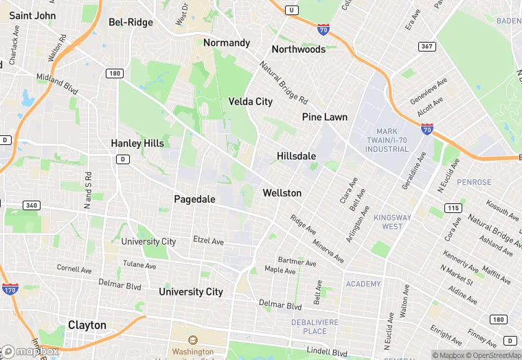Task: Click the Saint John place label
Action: pyautogui.click(x=33, y=15)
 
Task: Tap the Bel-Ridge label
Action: pyautogui.click(x=130, y=22)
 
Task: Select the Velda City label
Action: pyautogui.click(x=250, y=102)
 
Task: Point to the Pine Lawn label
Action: pyautogui.click(x=325, y=117)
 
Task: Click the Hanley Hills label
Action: pyautogui.click(x=137, y=143)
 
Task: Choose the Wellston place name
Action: pyautogui.click(x=282, y=193)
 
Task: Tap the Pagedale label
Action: pyautogui.click(x=194, y=199)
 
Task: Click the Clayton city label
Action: pyautogui.click(x=87, y=325)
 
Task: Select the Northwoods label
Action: pyautogui.click(x=298, y=49)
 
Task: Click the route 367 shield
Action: pyautogui.click(x=427, y=47)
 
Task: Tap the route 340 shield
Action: pyautogui.click(x=32, y=205)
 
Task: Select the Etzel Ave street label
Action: pyautogui.click(x=209, y=241)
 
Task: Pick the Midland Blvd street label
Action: pyautogui.click(x=57, y=81)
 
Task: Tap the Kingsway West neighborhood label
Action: pyautogui.click(x=392, y=222)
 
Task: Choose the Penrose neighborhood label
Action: pyautogui.click(x=474, y=182)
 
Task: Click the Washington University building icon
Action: pyautogui.click(x=192, y=339)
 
